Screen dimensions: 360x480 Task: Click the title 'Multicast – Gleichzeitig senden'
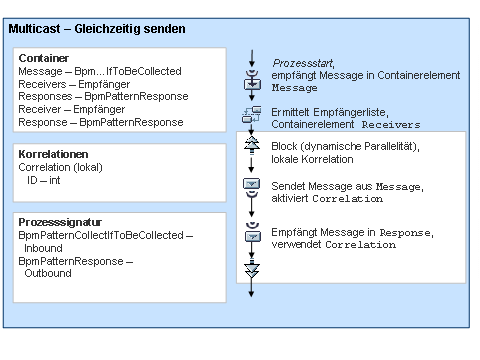point(96,30)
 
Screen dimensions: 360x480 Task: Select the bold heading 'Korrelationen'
point(52,155)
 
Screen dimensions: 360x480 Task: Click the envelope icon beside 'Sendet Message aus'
point(252,186)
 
